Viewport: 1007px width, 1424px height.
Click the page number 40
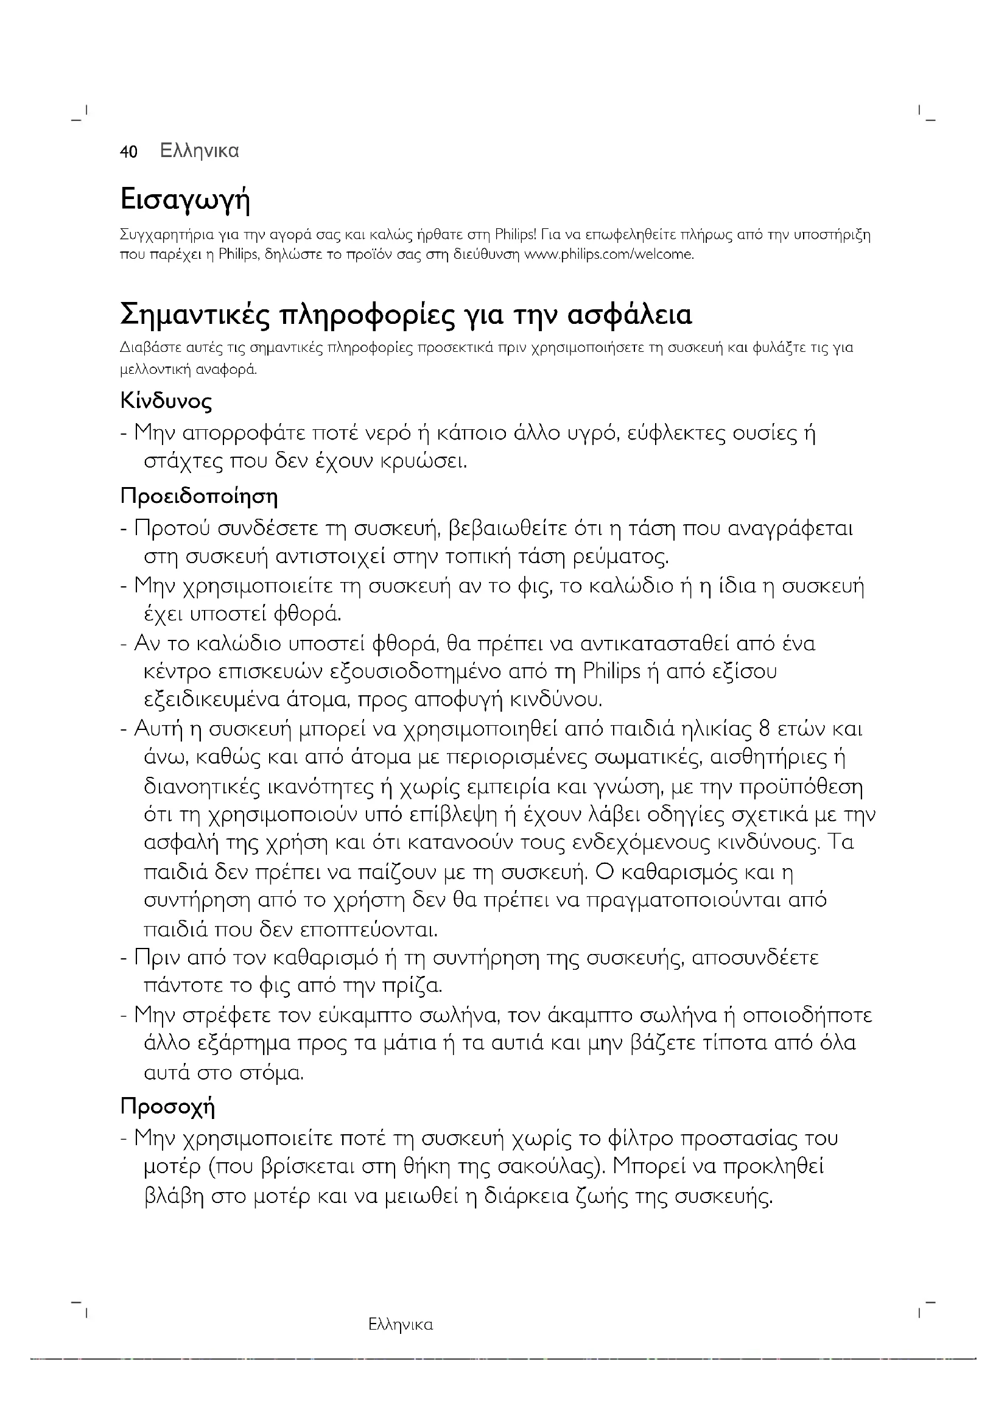point(128,152)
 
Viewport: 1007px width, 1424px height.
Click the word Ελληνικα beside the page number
point(199,152)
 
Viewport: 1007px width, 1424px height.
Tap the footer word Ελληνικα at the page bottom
point(400,1325)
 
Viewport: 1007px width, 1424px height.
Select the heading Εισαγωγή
point(185,200)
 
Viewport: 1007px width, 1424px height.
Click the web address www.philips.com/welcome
point(609,254)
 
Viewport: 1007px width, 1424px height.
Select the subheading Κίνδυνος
point(166,401)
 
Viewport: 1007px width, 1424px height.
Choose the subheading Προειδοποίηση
point(198,497)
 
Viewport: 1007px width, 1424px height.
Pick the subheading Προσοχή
point(167,1106)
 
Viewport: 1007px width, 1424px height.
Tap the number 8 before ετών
point(765,729)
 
